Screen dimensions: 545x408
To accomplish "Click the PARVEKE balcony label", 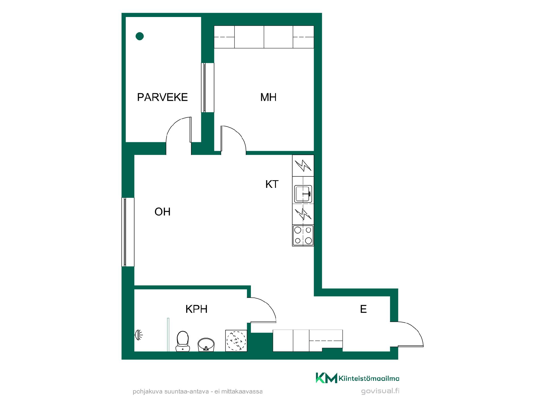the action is click(162, 97).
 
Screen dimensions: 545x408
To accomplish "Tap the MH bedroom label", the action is click(268, 97).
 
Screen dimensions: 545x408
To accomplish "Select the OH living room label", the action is click(162, 212).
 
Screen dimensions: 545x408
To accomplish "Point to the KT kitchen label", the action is click(272, 184).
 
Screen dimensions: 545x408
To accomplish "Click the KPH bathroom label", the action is click(196, 309).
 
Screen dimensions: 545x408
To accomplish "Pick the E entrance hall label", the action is click(363, 309).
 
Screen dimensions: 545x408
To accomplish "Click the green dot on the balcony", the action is click(140, 36).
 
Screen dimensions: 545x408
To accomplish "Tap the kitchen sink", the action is click(303, 194).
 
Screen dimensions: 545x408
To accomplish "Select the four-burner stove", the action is click(303, 235).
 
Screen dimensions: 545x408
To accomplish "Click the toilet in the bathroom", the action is click(183, 341).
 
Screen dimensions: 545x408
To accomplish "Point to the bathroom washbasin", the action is click(206, 345).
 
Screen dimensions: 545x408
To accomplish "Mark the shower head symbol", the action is click(139, 335).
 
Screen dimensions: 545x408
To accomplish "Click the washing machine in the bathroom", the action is click(236, 341).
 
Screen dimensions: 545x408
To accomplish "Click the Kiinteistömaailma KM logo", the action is click(357, 378).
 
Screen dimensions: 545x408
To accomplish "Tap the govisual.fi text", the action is click(380, 391).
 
